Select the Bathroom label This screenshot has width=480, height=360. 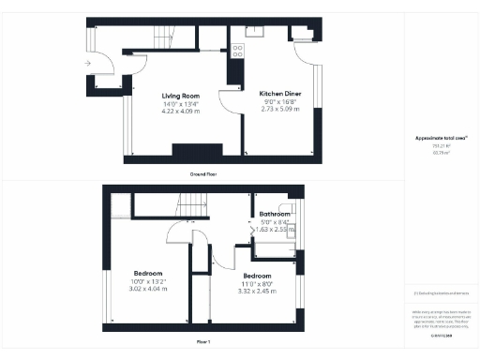click(275, 214)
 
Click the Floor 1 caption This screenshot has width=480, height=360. click(202, 343)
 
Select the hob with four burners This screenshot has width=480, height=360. click(238, 51)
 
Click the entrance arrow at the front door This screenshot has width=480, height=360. click(86, 64)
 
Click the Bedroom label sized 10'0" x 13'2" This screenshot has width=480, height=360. click(148, 273)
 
